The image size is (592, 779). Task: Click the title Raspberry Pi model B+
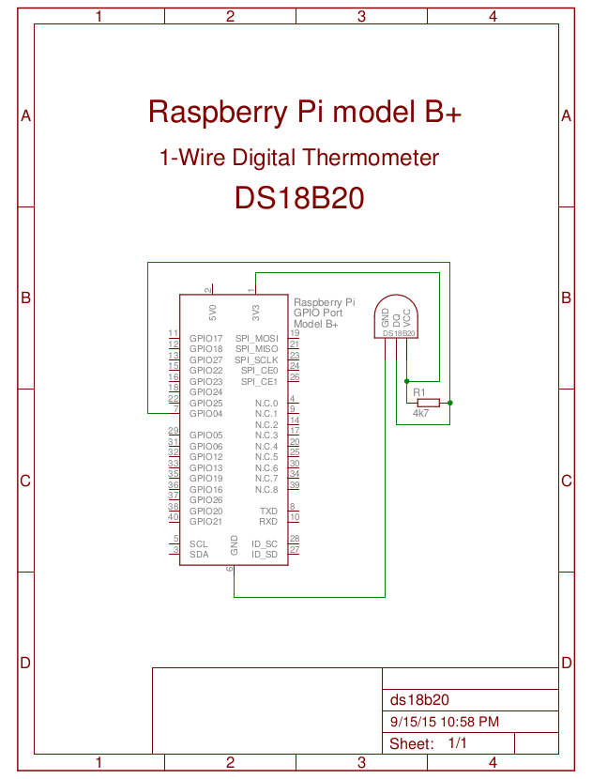pyautogui.click(x=305, y=113)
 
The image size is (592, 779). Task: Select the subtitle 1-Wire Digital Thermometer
pyautogui.click(x=299, y=158)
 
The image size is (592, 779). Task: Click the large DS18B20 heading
pyautogui.click(x=299, y=198)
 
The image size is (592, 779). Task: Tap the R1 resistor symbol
pyautogui.click(x=427, y=403)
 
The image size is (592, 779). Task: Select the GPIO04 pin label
pyautogui.click(x=205, y=414)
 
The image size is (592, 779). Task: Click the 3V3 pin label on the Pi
pyautogui.click(x=255, y=309)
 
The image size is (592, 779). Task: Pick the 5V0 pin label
pyautogui.click(x=213, y=309)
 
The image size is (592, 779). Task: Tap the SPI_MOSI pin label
pyautogui.click(x=256, y=338)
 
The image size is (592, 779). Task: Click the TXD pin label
pyautogui.click(x=268, y=511)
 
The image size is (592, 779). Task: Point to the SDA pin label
pyautogui.click(x=199, y=555)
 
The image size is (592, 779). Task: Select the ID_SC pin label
pyautogui.click(x=265, y=543)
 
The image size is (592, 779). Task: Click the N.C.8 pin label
pyautogui.click(x=266, y=490)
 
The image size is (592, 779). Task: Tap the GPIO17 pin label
pyautogui.click(x=205, y=338)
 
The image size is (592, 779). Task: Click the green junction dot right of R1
pyautogui.click(x=450, y=403)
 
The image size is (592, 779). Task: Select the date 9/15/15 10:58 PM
pyautogui.click(x=444, y=722)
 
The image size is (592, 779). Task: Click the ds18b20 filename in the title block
pyautogui.click(x=419, y=700)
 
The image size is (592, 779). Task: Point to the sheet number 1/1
pyautogui.click(x=458, y=743)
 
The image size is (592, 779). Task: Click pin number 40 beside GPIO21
pyautogui.click(x=173, y=517)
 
